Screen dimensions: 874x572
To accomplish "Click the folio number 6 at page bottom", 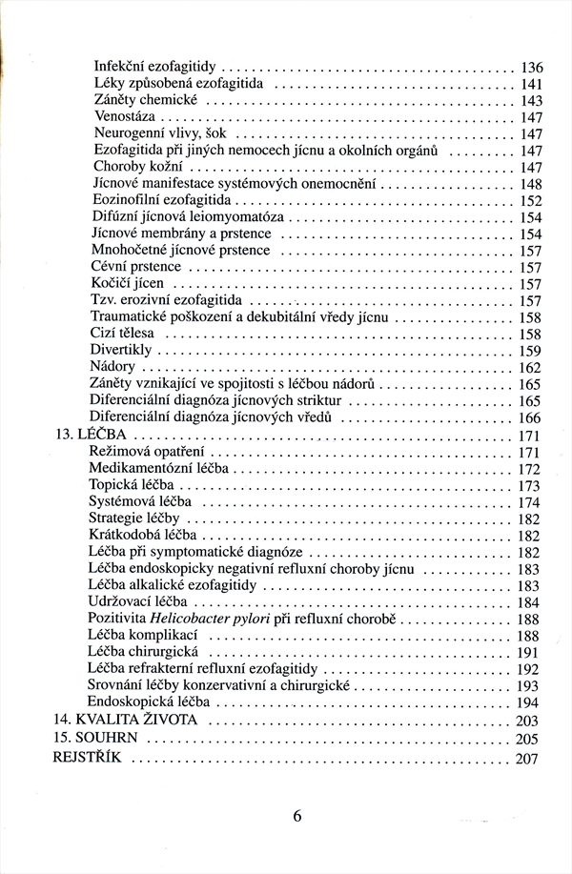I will click(297, 816).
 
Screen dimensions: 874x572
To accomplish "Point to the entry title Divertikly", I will click(122, 351).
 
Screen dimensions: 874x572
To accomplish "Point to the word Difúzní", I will click(117, 218).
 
